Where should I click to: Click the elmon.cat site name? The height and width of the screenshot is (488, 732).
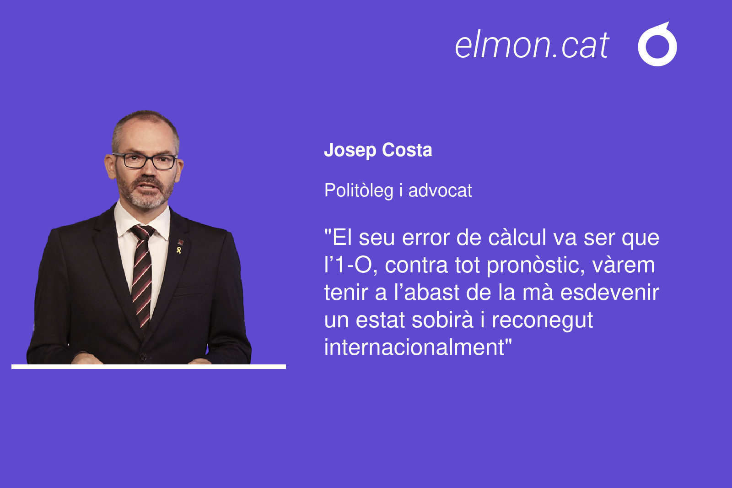tap(532, 45)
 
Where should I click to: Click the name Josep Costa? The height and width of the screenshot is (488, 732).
tap(378, 150)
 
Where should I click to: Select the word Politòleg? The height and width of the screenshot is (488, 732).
tap(359, 190)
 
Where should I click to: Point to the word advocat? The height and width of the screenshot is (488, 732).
tap(440, 190)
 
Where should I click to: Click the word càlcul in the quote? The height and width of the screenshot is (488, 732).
tap(517, 238)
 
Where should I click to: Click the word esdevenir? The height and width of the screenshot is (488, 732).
tap(610, 292)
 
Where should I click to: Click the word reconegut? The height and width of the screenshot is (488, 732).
tap(542, 320)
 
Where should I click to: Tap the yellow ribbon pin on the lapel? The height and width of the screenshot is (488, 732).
tap(179, 250)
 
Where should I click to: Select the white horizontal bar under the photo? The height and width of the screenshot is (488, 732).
tap(149, 367)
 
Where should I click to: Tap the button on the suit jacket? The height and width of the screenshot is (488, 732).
tap(143, 357)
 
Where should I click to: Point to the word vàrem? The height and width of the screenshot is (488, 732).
tap(624, 265)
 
